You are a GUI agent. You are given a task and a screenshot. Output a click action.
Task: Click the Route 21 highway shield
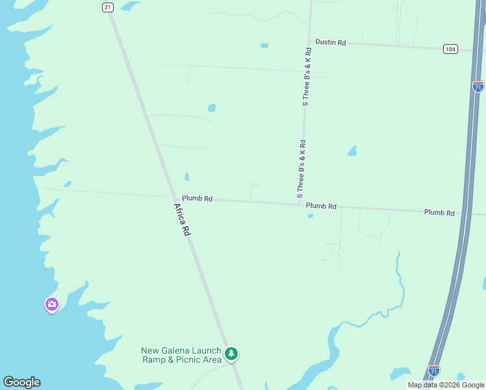(108, 6)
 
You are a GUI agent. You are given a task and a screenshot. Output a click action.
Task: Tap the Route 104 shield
(450, 49)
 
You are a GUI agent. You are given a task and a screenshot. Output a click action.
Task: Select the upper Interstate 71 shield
(478, 86)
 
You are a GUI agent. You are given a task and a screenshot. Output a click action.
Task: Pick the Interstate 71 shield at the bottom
(433, 370)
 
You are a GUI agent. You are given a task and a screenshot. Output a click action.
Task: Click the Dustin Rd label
(331, 42)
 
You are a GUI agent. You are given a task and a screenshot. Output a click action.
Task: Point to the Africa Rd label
(182, 220)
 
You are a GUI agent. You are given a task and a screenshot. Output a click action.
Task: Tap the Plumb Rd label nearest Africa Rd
(197, 199)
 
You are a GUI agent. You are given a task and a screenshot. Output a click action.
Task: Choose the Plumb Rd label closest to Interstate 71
(439, 213)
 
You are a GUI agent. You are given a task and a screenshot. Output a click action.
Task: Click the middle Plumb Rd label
(321, 206)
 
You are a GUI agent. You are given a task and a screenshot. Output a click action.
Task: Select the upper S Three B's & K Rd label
(305, 77)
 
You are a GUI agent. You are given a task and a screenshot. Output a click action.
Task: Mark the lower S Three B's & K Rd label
(301, 168)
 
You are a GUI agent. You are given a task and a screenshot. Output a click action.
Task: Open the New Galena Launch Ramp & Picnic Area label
(181, 355)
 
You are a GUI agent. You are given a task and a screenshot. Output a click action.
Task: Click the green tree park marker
(231, 354)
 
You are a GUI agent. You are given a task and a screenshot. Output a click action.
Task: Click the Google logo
(21, 382)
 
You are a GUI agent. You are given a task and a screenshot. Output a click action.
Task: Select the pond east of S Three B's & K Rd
(352, 151)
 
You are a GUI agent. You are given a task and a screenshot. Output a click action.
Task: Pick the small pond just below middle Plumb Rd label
(310, 216)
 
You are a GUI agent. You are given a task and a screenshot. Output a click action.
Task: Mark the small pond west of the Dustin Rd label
(264, 45)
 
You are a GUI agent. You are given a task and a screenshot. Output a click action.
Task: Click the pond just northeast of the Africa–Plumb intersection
(187, 177)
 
